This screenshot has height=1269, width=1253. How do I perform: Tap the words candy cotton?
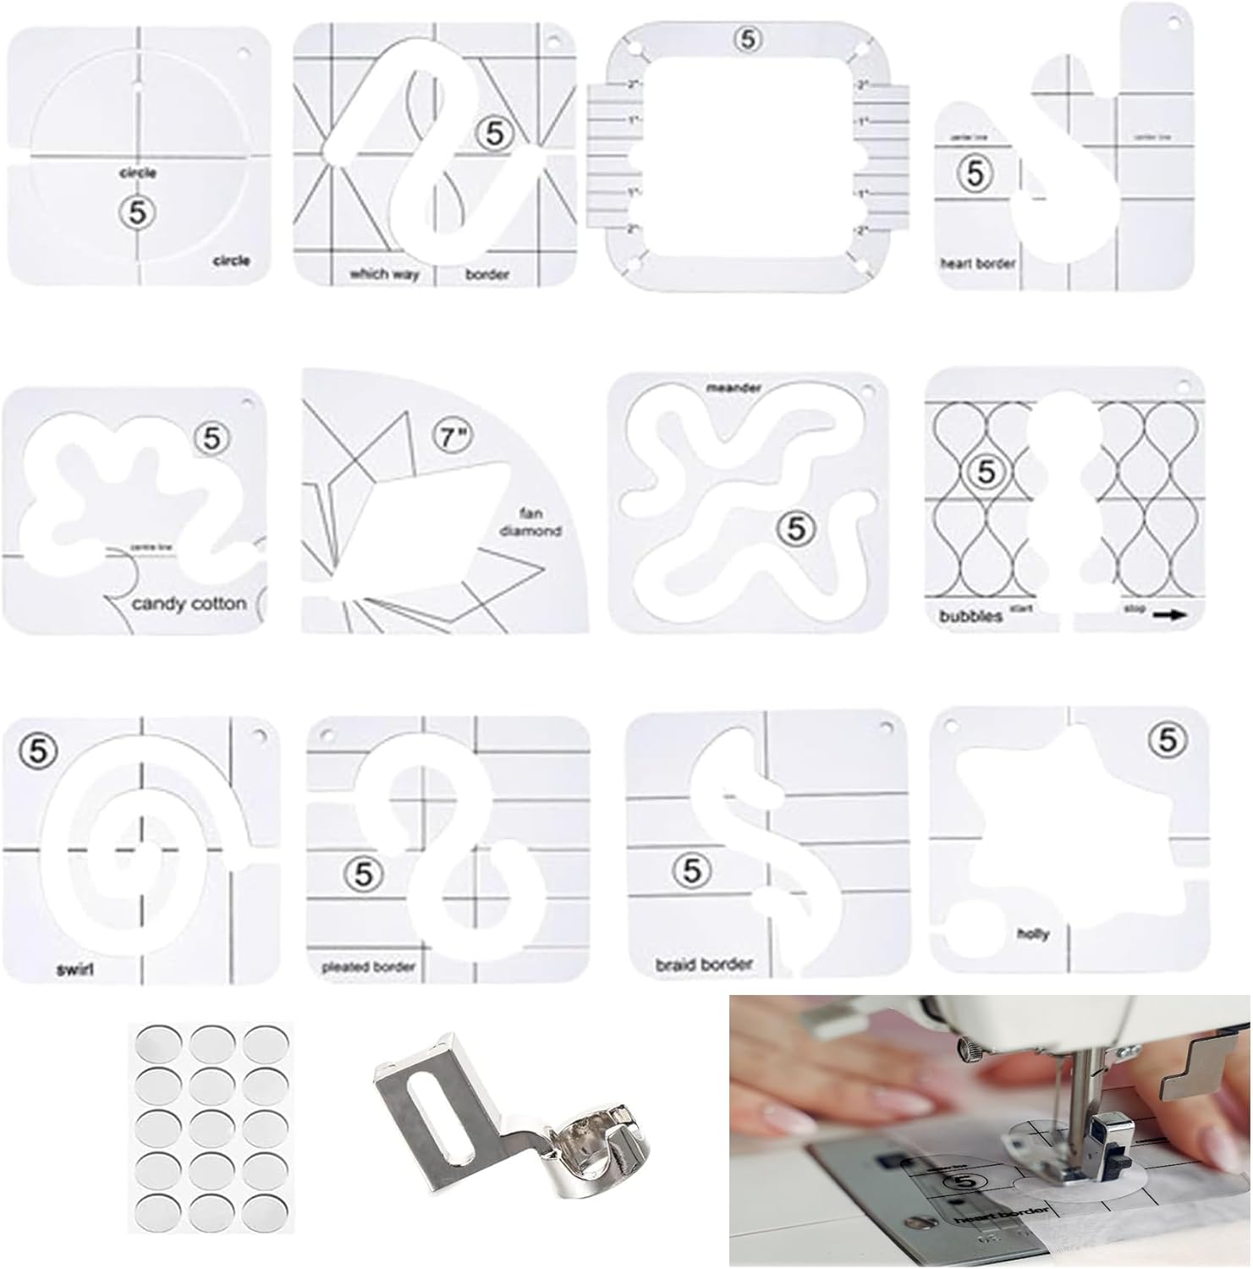(190, 604)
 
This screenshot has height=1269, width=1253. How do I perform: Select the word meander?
(734, 388)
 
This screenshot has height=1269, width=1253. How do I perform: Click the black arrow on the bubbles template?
(1169, 617)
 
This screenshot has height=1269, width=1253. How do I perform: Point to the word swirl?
(74, 970)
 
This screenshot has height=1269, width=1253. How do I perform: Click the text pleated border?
(368, 966)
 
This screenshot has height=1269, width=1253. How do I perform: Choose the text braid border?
(704, 964)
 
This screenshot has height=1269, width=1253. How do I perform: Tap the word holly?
(1033, 934)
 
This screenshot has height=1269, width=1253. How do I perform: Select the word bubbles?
(970, 617)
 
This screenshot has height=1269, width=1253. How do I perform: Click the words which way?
(384, 274)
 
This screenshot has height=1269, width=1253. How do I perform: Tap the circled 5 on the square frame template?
(748, 39)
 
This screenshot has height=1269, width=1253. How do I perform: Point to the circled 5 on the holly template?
(1168, 740)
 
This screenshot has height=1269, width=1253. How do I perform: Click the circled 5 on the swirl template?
(39, 750)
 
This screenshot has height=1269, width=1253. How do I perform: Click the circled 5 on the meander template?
(795, 528)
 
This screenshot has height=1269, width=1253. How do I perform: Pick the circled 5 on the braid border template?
(692, 870)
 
